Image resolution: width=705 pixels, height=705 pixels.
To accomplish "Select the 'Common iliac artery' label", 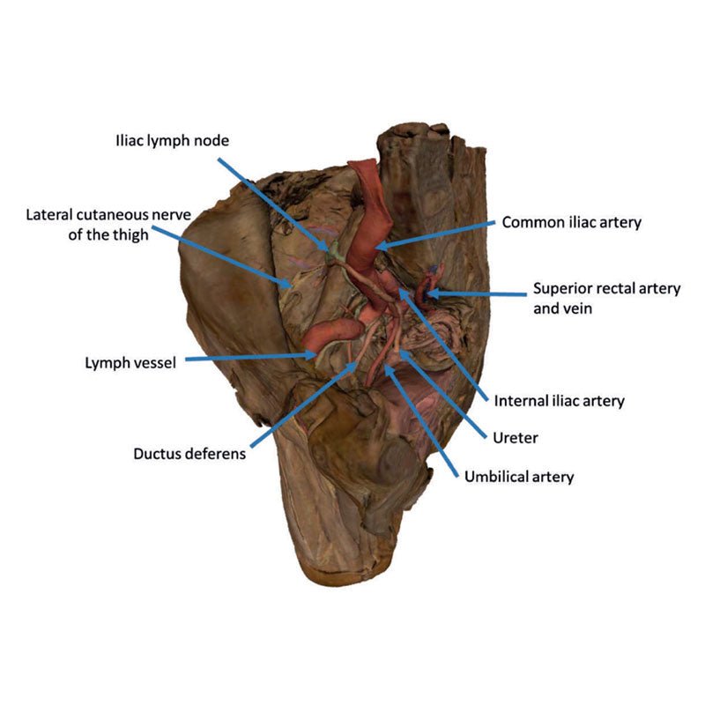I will tap(571, 223).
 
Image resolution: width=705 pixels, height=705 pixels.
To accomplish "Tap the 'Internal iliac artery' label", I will tap(559, 401).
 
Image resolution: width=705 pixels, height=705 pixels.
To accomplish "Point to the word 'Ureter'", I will tap(516, 436).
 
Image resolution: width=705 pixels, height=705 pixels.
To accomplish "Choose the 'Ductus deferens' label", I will tap(189, 455).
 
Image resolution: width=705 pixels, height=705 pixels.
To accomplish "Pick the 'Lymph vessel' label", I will tap(130, 362).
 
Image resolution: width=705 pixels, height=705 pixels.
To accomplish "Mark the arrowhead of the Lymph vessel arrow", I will tap(318, 354).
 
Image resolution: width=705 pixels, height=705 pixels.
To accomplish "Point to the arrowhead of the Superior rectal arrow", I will tap(428, 290).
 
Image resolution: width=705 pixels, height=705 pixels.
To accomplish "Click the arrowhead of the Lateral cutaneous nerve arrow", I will tap(295, 287).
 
